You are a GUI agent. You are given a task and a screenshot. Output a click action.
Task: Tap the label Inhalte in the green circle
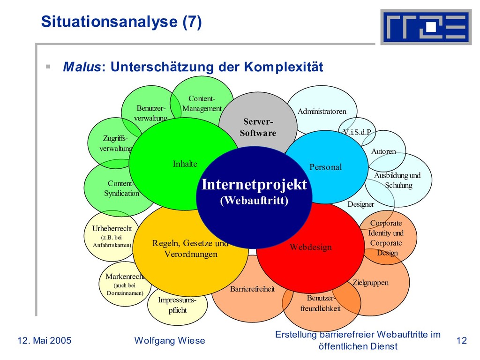click(x=185, y=164)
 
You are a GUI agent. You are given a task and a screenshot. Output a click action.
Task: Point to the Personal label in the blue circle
click(x=326, y=167)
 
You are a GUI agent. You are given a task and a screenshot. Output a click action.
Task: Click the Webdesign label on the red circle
click(x=310, y=247)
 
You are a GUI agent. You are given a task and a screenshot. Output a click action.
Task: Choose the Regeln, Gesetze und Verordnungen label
click(x=190, y=248)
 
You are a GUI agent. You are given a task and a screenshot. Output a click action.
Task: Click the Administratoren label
click(x=322, y=111)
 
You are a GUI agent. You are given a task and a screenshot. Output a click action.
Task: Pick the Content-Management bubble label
click(x=202, y=104)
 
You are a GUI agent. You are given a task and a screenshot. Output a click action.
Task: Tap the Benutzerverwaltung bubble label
click(x=150, y=113)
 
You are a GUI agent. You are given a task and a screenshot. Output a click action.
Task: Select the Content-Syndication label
click(x=121, y=188)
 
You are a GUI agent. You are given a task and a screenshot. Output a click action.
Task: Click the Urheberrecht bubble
click(x=112, y=236)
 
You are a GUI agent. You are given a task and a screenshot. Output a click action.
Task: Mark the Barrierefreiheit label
click(x=252, y=289)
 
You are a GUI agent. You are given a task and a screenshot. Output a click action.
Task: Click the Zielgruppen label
click(x=370, y=283)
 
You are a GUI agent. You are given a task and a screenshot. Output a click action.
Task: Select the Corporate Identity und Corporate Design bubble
click(x=386, y=238)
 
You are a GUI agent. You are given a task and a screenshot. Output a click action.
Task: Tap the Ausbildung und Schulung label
click(x=397, y=180)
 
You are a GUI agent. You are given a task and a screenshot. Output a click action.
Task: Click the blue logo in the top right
click(x=426, y=27)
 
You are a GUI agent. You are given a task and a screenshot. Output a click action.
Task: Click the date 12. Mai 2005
click(x=45, y=341)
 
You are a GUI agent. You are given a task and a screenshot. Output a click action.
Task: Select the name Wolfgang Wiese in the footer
click(x=170, y=341)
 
